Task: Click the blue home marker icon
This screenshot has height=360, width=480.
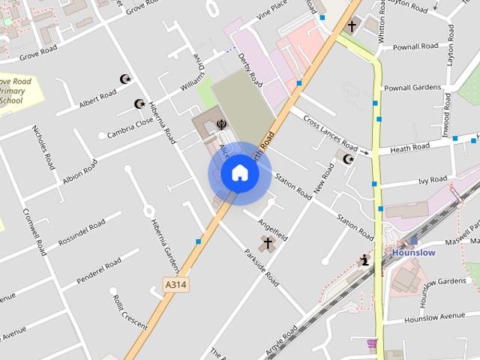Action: click(x=239, y=172)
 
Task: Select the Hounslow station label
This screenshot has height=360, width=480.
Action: click(x=413, y=253)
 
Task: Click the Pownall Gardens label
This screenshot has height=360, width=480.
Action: click(x=412, y=88)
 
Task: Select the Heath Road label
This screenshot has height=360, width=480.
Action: click(x=409, y=147)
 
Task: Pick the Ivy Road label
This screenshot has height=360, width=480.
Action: click(x=433, y=180)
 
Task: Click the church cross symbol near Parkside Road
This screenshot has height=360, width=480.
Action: click(x=267, y=244)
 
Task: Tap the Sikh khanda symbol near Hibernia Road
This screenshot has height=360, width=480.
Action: click(x=221, y=124)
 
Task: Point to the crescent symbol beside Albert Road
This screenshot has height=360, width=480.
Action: click(x=124, y=79)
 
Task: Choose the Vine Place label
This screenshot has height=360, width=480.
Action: click(x=271, y=10)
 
